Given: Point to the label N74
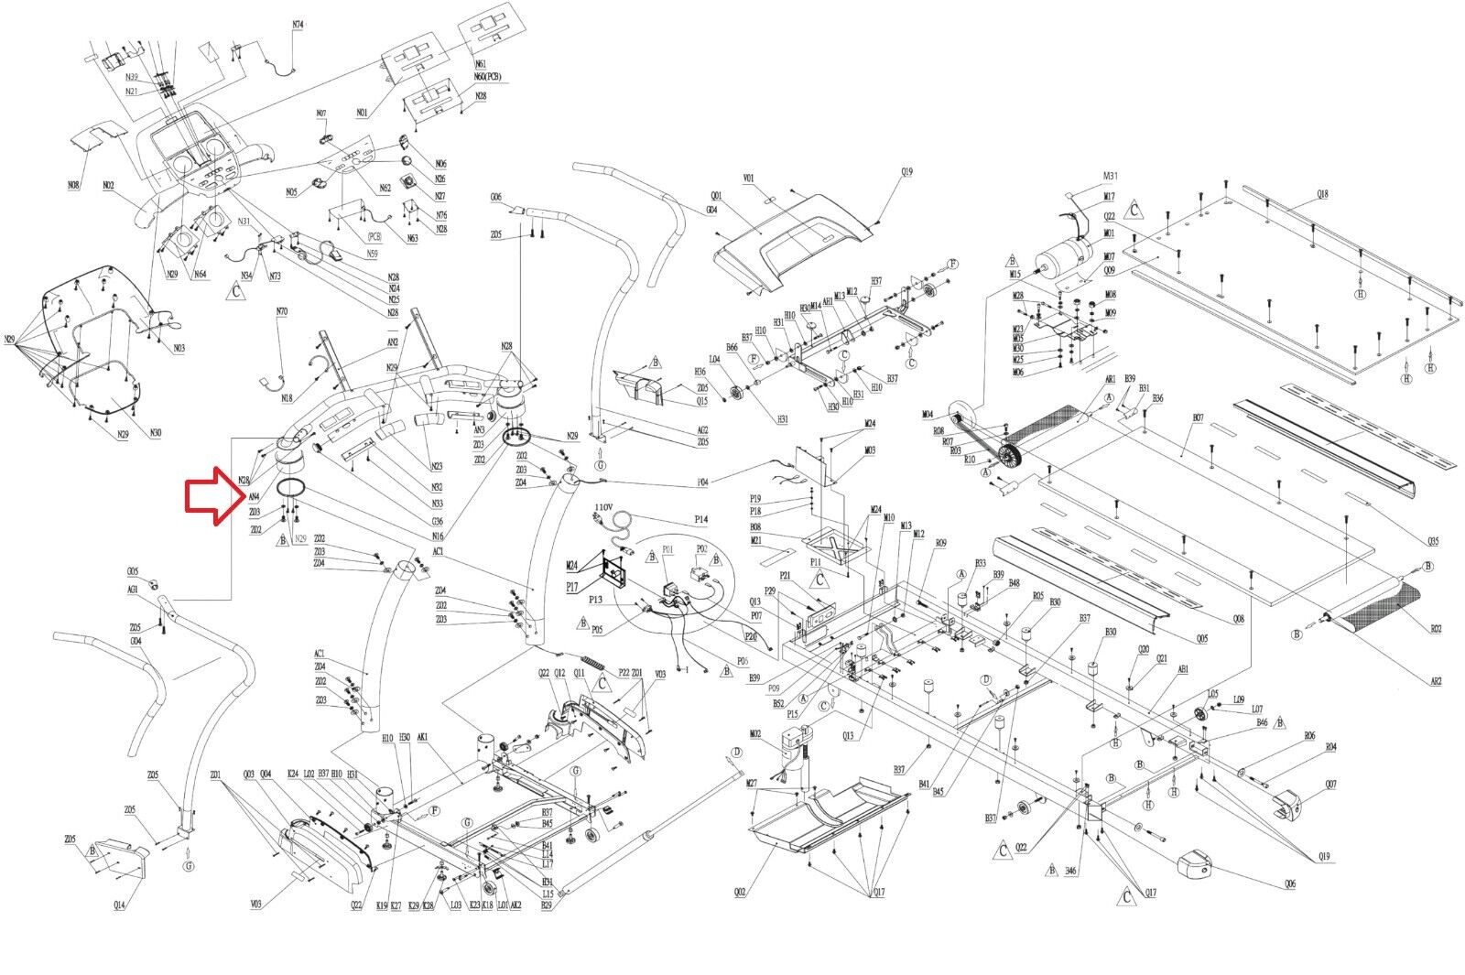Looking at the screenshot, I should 298,26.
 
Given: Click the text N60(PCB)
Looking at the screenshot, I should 487,77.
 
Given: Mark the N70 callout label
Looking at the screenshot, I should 282,312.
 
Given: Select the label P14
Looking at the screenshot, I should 701,520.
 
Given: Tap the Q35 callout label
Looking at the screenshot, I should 1434,541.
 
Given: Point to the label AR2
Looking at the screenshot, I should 1435,680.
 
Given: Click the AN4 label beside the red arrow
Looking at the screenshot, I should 254,498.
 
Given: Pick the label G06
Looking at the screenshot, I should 496,197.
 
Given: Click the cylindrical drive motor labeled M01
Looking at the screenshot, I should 1063,252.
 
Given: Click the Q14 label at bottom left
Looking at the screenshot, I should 119,905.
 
